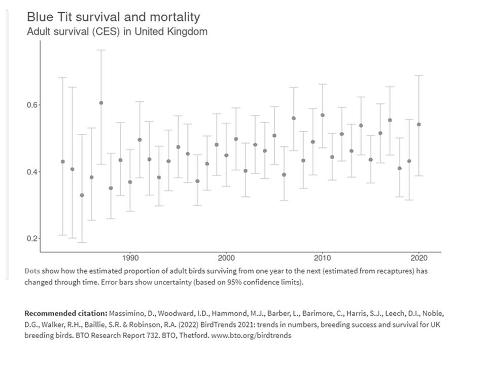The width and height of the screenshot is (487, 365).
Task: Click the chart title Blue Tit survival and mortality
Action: (x=113, y=17)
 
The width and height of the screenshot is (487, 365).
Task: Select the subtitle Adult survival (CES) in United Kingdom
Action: (x=117, y=31)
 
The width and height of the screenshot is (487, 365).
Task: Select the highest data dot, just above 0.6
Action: (x=101, y=103)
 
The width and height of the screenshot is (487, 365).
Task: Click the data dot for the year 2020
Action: (x=419, y=124)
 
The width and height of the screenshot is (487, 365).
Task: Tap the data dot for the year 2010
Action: (x=322, y=115)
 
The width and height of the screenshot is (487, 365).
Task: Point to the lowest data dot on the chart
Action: (x=82, y=195)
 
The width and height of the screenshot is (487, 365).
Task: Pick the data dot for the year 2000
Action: (x=226, y=155)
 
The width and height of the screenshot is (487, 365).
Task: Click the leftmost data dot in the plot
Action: (x=63, y=162)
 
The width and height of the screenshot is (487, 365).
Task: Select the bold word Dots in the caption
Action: (x=33, y=271)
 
